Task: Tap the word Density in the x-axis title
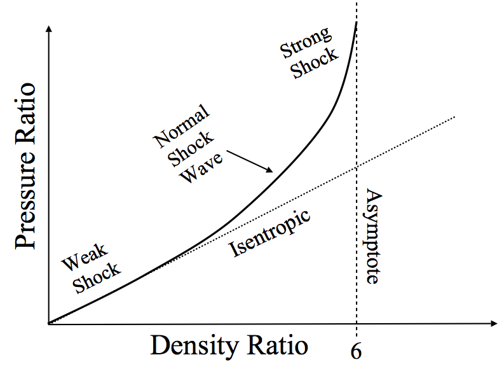(x=193, y=345)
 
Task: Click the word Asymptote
(x=372, y=237)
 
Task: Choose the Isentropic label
(x=269, y=232)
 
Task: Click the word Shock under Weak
(x=97, y=277)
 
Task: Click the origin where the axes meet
(x=48, y=324)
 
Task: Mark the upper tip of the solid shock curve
(x=356, y=22)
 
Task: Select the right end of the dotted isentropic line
(x=455, y=117)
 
